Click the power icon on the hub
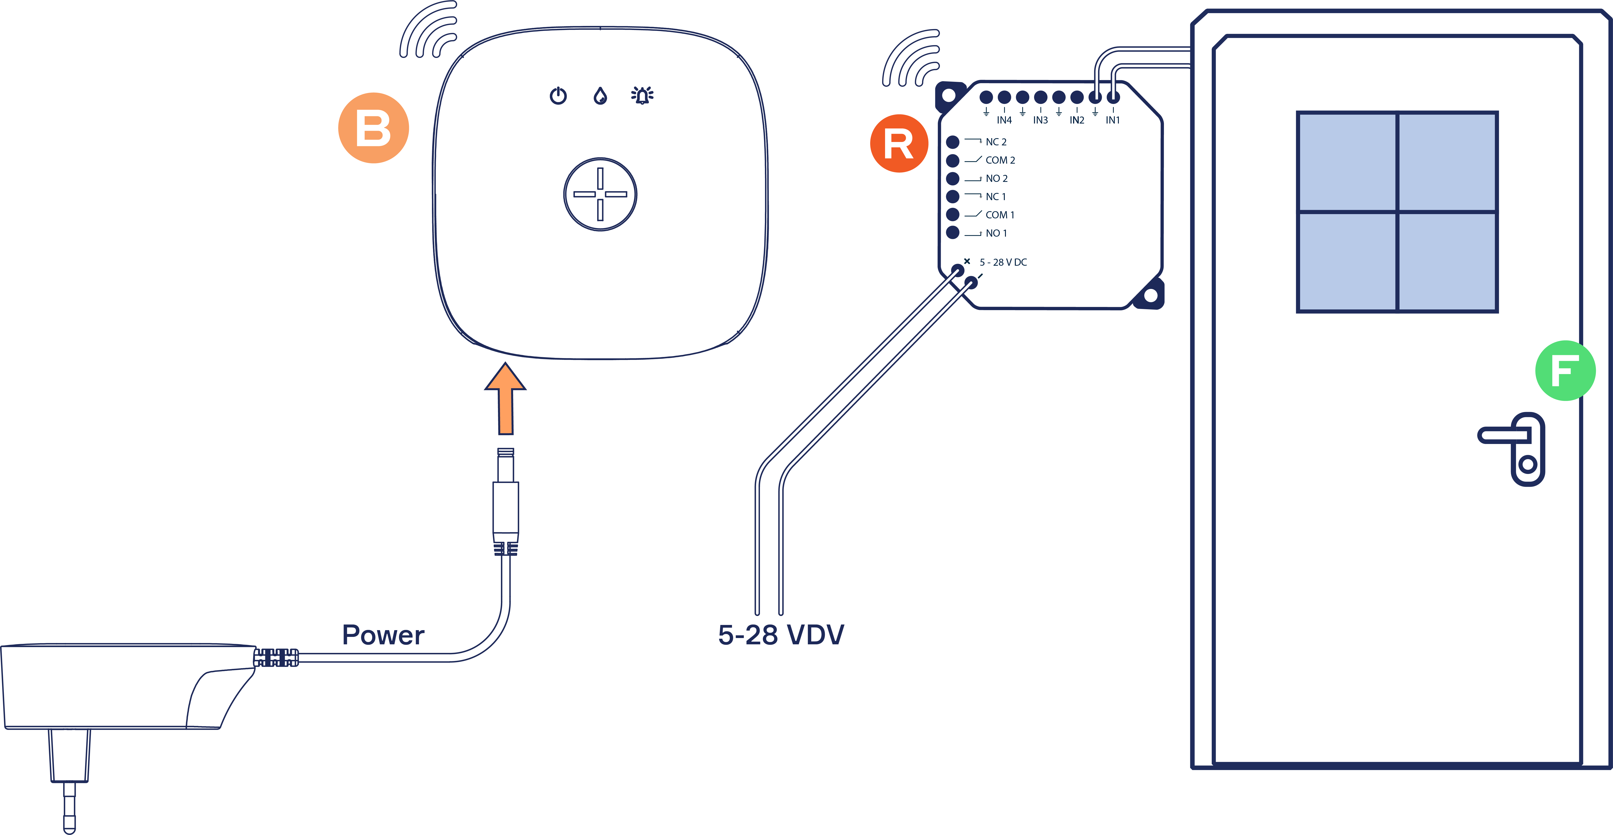point(558,96)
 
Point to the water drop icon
point(601,96)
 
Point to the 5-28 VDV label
point(781,635)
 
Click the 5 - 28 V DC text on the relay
point(1003,262)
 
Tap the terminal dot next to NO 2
point(952,178)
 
